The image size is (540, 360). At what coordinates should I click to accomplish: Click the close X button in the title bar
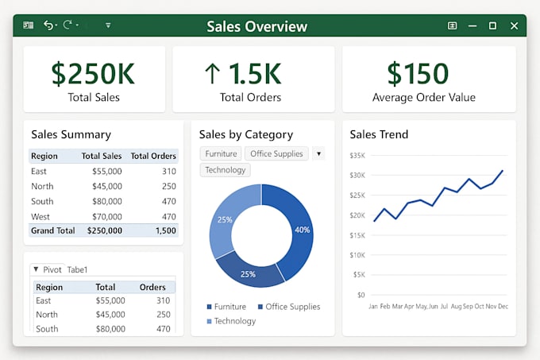click(x=514, y=26)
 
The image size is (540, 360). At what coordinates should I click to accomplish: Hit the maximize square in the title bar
click(x=492, y=26)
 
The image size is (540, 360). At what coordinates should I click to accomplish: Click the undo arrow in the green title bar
click(x=48, y=25)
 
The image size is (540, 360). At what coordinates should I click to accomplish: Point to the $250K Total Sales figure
click(x=93, y=74)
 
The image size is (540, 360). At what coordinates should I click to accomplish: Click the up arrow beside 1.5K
click(x=212, y=73)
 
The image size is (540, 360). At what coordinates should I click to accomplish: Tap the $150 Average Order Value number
click(x=418, y=73)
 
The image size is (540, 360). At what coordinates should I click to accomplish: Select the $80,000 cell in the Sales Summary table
click(x=106, y=202)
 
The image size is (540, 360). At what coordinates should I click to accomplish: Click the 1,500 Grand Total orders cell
click(x=166, y=230)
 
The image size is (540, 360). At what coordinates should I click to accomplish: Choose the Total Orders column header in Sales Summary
click(x=153, y=156)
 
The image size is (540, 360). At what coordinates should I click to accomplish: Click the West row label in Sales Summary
click(x=40, y=217)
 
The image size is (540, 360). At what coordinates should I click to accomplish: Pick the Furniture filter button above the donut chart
click(x=221, y=153)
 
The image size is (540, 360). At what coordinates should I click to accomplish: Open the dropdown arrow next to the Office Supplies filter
click(x=318, y=153)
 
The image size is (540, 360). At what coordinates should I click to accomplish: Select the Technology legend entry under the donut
click(x=231, y=321)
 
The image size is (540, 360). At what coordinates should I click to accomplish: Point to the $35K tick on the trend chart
click(x=357, y=156)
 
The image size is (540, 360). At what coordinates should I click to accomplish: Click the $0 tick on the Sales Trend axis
click(x=361, y=295)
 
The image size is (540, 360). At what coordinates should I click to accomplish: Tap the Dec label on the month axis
click(x=503, y=306)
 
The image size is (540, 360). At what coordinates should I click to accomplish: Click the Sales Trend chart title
click(x=379, y=134)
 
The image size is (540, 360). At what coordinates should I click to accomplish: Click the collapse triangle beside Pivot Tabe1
click(x=36, y=269)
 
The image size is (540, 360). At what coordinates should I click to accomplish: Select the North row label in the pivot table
click(x=47, y=315)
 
